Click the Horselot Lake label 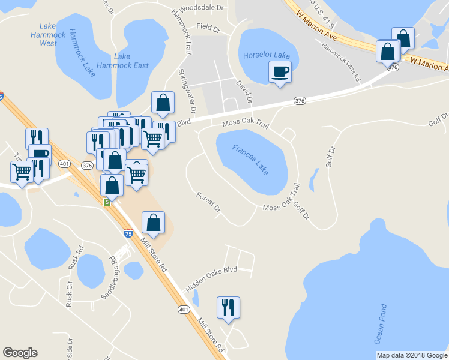click(266, 55)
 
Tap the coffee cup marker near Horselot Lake click(280, 73)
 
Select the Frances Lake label click(250, 159)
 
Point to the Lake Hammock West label click(48, 34)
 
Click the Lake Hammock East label click(131, 61)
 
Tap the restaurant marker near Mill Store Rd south click(228, 308)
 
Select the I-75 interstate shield click(128, 233)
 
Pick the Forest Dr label click(209, 203)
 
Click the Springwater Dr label click(187, 91)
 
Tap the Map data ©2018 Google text click(412, 355)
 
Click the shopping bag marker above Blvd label click(163, 103)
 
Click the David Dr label click(244, 91)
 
